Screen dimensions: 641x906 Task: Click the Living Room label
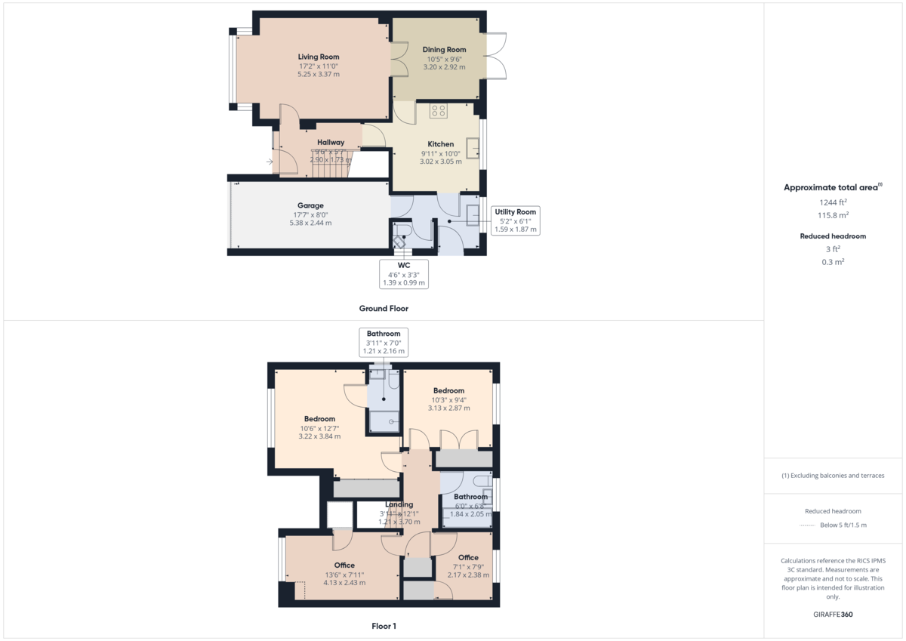318,57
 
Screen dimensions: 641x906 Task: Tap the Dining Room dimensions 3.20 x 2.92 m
444,66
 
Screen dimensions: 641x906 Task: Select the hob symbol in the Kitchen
439,111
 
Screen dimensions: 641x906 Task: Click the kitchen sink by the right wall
473,148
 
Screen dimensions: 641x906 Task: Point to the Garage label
310,205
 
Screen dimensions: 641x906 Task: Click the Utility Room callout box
515,220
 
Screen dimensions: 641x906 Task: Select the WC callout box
404,274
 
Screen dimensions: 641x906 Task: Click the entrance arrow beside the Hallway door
270,161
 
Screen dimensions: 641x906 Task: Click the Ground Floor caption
384,308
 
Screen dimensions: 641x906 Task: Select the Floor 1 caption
384,626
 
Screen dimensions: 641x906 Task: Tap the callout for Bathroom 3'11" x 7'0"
384,342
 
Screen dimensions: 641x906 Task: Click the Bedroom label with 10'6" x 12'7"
319,419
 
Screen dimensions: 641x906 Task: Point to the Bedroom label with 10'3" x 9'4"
448,390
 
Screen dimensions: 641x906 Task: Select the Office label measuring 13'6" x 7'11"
344,565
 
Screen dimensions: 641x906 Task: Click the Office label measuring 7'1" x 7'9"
468,558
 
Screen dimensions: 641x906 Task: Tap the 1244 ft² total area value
833,202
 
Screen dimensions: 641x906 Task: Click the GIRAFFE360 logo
833,615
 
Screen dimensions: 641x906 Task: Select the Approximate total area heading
832,187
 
